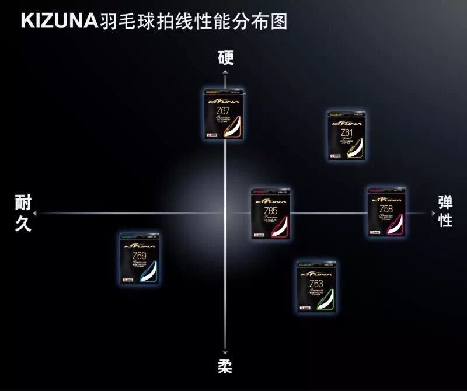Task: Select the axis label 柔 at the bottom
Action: [225, 366]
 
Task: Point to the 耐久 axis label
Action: [23, 213]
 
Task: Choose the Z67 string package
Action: [225, 114]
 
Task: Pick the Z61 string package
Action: [348, 134]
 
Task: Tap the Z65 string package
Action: [270, 213]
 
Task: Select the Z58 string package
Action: [386, 212]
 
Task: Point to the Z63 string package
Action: [317, 286]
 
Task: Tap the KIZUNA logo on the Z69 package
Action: [140, 243]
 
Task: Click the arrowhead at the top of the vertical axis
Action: [225, 72]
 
